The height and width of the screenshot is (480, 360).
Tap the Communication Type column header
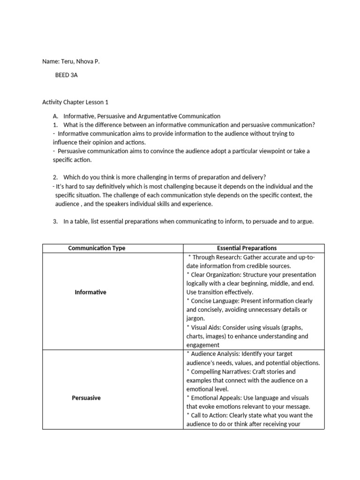[x=97, y=248]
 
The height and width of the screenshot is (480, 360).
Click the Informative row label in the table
[x=90, y=292]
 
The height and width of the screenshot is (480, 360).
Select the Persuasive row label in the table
[x=86, y=398]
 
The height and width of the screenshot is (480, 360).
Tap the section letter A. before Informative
[x=55, y=116]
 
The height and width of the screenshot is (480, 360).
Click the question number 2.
[x=55, y=177]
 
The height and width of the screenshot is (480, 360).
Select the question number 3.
[x=55, y=221]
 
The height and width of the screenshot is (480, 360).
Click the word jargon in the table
[x=195, y=319]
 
